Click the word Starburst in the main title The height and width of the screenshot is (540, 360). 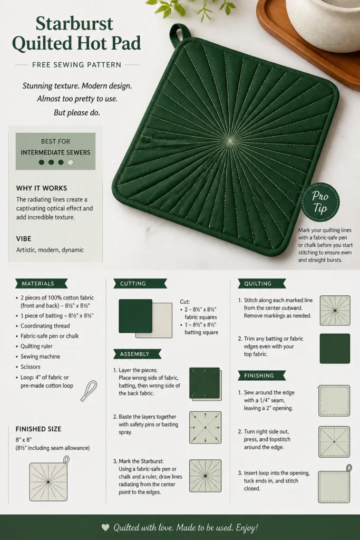point(74,23)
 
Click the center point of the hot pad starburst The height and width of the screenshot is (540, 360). point(230,140)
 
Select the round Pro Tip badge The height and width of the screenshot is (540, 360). point(320,202)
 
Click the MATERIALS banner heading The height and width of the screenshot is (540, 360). point(41,283)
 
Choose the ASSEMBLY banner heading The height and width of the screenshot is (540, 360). point(137,354)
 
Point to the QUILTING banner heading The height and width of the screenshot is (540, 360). point(261,283)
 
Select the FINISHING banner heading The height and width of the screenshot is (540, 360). point(261,375)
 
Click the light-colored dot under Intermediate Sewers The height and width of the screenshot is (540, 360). point(71,162)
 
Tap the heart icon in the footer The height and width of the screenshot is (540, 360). point(105,527)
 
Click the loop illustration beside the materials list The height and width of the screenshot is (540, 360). point(89,391)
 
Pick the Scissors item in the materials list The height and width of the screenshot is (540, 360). point(30,367)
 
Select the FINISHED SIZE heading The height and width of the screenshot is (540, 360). point(38,429)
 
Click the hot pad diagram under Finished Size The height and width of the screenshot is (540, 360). point(49,479)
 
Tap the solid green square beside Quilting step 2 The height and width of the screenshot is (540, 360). point(335,349)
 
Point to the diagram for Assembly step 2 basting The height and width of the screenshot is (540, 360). point(206,427)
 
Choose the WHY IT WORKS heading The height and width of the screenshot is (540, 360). point(42,188)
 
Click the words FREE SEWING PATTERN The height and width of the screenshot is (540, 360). point(77,65)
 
